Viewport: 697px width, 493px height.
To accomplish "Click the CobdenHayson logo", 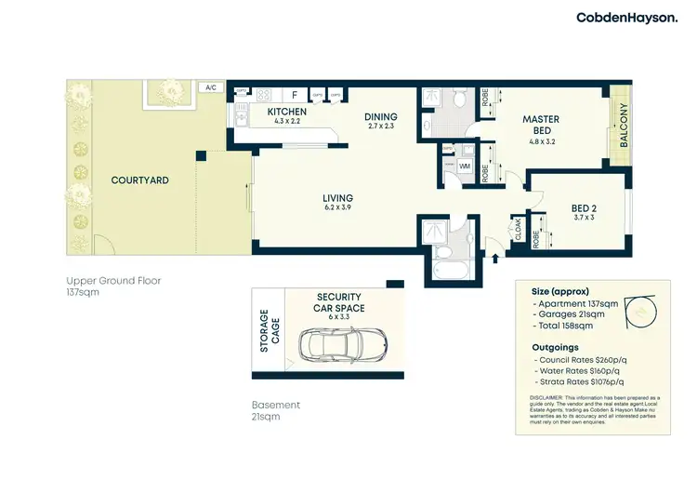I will (x=627, y=18).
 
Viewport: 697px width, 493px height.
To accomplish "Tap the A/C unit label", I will (x=210, y=87).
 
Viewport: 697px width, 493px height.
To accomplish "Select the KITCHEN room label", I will (x=286, y=113).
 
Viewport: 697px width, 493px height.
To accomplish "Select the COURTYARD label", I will (x=139, y=180).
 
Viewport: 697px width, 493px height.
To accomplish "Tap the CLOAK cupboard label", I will (x=518, y=228).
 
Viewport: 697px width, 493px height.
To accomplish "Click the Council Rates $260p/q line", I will (x=580, y=359).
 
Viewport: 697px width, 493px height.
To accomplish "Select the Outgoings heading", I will (x=559, y=346).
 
